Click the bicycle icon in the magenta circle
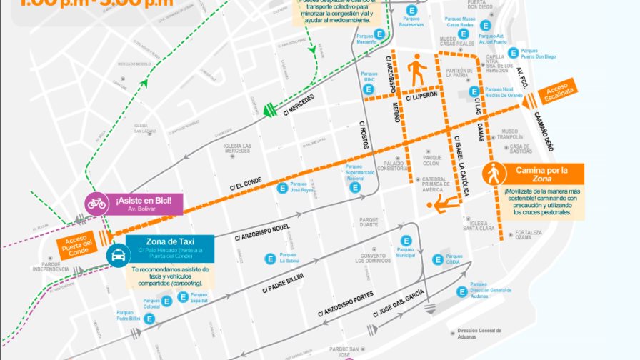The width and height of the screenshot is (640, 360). (x=96, y=204)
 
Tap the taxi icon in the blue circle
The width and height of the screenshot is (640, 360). (x=117, y=254)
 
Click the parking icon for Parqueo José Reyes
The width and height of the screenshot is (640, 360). (x=283, y=189)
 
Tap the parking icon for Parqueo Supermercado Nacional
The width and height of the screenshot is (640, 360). (x=354, y=188)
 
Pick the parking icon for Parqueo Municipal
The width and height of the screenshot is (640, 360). (x=406, y=241)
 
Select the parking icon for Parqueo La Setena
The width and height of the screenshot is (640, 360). (x=270, y=259)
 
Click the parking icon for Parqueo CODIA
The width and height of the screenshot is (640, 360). (x=438, y=259)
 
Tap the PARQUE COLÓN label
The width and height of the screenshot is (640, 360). (x=432, y=161)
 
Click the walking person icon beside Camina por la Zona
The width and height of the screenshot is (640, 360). (x=492, y=174)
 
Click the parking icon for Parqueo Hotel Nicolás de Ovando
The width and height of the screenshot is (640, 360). (x=473, y=91)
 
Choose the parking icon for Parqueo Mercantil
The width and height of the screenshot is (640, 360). (x=380, y=34)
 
